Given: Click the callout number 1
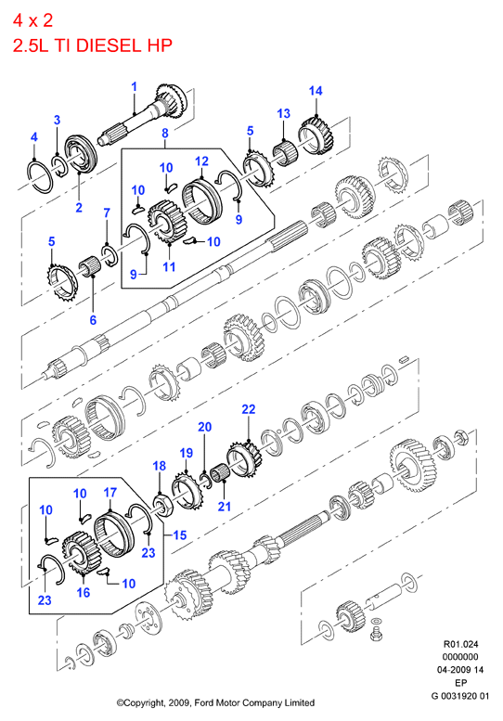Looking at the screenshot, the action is coord(135,86).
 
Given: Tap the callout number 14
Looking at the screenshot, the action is coord(316,91).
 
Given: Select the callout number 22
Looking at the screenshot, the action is coord(249,409).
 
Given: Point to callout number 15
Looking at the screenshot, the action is coord(180,534).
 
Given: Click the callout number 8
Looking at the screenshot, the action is coord(165,133).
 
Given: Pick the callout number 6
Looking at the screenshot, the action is coord(93,320).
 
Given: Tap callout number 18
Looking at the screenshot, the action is coord(159,466).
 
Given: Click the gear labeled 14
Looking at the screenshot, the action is coord(317,135).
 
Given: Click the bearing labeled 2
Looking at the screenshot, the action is coord(80,154).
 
